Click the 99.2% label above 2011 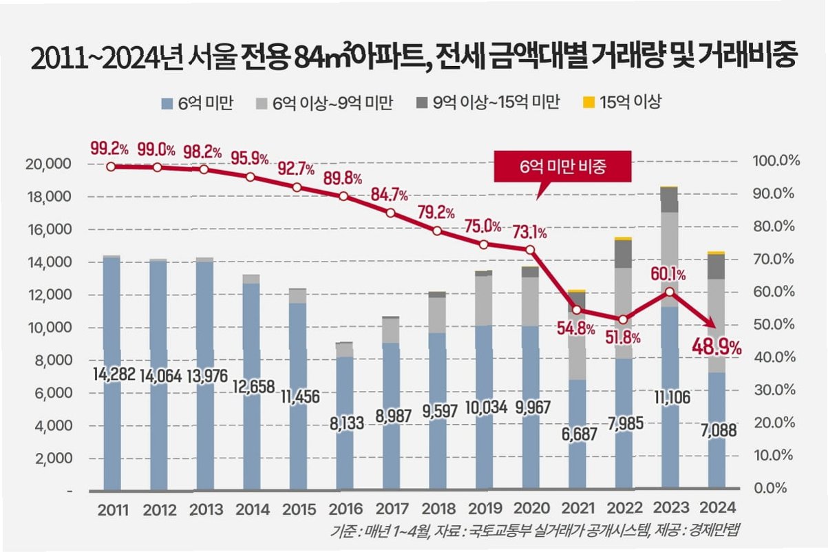tap(109, 149)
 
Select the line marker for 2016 tap(343, 196)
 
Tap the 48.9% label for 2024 tap(716, 348)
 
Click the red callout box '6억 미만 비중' tap(562, 167)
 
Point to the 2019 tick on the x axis tap(485, 509)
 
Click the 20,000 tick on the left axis tap(48, 163)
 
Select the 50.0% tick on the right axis tap(774, 324)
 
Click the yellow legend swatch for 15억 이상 tap(588, 103)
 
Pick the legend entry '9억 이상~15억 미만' tap(488, 103)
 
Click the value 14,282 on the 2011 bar tap(114, 374)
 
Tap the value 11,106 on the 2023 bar tap(672, 397)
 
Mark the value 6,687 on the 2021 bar tap(580, 434)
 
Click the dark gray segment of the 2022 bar tap(624, 254)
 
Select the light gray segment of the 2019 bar tap(484, 301)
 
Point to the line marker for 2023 tap(670, 292)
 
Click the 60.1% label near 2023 tap(668, 275)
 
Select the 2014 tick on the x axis tap(253, 509)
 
